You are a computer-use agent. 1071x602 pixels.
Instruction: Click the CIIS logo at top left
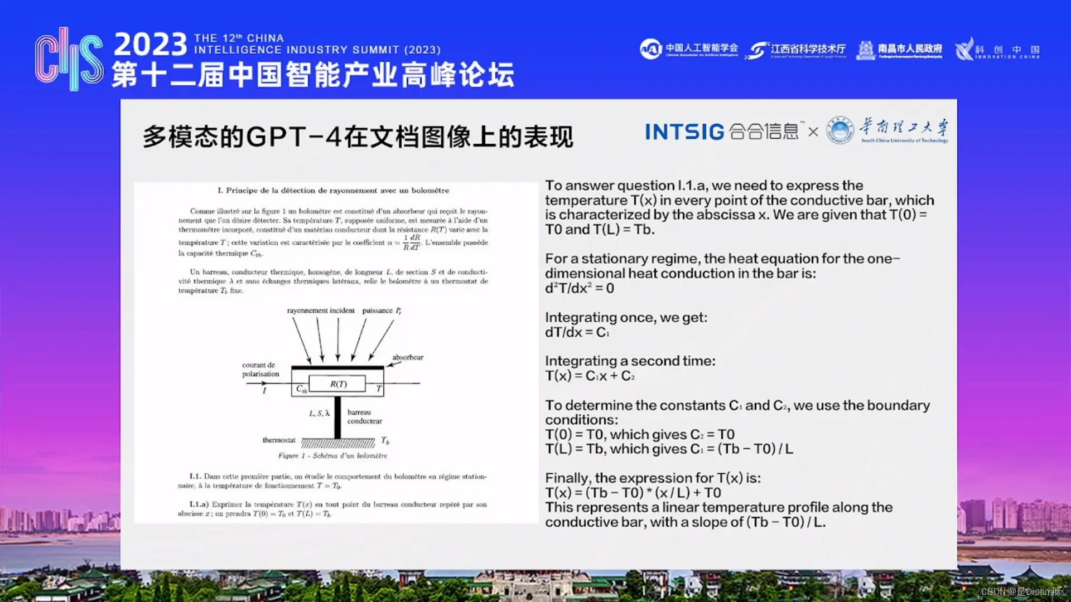(x=69, y=59)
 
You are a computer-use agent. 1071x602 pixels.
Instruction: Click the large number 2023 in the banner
(x=151, y=45)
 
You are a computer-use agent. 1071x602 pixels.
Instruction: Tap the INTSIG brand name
(x=684, y=132)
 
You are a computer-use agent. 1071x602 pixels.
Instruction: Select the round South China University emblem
(x=840, y=130)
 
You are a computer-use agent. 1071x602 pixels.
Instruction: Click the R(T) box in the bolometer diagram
(x=337, y=384)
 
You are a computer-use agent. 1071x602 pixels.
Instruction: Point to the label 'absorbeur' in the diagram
(x=408, y=357)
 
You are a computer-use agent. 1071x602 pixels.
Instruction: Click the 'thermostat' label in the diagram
(x=279, y=440)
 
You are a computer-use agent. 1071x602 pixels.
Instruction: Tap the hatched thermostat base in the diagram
(x=338, y=444)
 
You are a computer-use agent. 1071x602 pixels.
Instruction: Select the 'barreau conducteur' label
(x=364, y=417)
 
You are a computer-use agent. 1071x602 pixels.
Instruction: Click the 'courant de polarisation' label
(x=260, y=370)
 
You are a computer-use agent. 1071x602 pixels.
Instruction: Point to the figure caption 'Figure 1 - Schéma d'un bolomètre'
(x=332, y=456)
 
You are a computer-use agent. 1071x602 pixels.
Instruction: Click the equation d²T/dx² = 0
(x=580, y=288)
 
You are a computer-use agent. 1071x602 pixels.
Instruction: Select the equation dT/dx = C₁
(x=577, y=332)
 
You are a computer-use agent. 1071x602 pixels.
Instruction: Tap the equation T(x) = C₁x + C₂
(x=590, y=376)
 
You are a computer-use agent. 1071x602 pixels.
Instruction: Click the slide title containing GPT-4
(x=358, y=137)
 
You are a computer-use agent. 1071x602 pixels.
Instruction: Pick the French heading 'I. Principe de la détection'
(x=333, y=191)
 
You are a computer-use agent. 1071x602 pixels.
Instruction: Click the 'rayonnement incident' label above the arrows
(x=321, y=310)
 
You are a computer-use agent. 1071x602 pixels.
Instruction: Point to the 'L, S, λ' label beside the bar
(x=319, y=413)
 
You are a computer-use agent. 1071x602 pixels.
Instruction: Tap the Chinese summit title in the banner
(x=313, y=75)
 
